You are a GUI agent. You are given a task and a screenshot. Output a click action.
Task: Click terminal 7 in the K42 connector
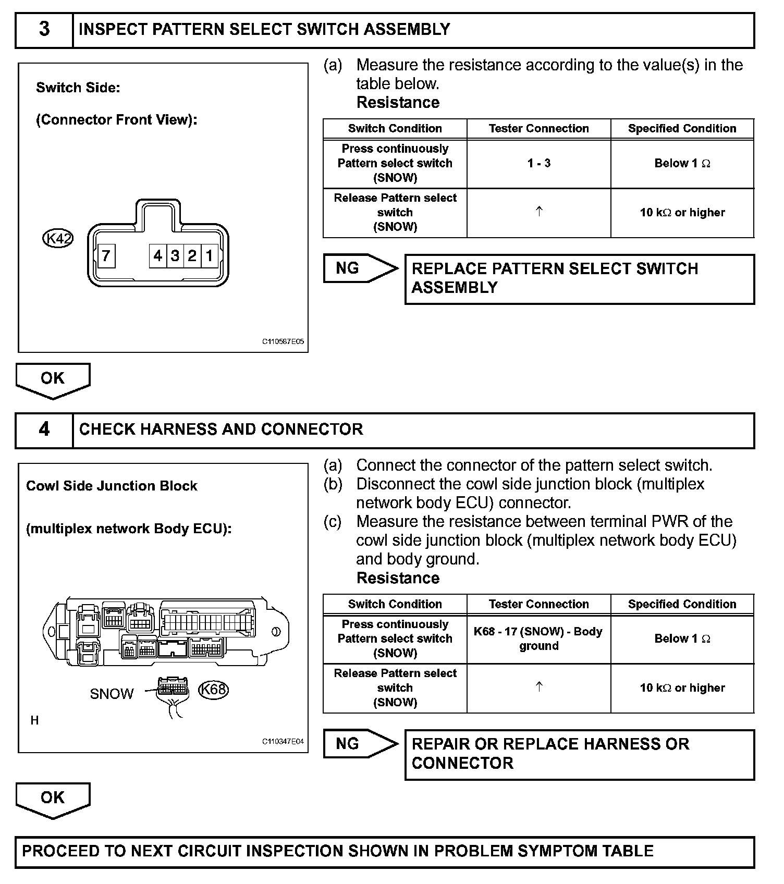[106, 256]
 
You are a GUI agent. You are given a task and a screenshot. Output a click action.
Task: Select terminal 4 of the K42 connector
[158, 256]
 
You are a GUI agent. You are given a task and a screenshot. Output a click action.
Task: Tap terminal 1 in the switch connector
[210, 256]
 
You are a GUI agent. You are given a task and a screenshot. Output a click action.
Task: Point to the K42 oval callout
[57, 239]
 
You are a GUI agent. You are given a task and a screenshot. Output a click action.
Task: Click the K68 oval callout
[214, 690]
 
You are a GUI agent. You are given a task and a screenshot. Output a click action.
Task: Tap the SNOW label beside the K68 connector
[112, 694]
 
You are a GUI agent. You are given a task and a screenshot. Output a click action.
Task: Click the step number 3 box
[44, 30]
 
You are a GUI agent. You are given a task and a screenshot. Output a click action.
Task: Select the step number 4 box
[44, 430]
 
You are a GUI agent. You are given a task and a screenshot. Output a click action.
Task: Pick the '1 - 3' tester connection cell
[538, 163]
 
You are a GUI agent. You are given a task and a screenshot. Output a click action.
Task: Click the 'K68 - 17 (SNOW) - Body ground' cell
[538, 639]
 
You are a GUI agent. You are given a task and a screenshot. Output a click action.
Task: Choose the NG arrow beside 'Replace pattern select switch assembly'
[360, 268]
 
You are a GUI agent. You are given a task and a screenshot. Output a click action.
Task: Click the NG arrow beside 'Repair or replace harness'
[360, 744]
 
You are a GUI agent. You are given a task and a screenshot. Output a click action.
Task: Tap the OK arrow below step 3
[53, 379]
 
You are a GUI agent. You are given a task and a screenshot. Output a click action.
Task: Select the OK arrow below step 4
[53, 799]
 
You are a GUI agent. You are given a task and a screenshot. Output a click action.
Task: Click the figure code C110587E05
[283, 342]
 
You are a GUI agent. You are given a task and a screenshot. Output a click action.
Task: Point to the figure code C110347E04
[283, 742]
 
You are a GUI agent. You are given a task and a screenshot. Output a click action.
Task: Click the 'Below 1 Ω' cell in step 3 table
[682, 163]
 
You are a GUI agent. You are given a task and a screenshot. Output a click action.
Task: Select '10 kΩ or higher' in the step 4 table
[682, 688]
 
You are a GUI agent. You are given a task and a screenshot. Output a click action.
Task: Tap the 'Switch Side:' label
[78, 88]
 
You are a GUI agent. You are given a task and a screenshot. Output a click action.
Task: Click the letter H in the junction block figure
[34, 720]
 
